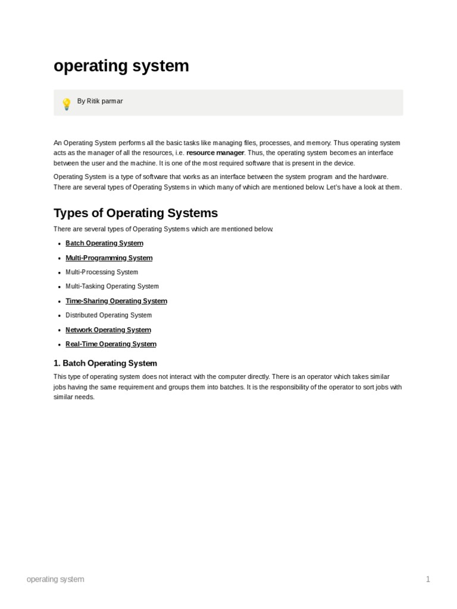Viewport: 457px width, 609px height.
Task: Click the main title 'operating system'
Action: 121,66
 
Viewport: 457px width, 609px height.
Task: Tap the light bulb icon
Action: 66,104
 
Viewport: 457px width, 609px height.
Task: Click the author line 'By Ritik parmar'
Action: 100,102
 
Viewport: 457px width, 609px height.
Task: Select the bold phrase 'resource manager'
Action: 215,153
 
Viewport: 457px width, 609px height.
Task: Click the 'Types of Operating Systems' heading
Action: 136,213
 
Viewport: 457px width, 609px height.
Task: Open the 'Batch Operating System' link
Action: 104,243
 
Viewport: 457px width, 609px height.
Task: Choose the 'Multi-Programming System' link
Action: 109,258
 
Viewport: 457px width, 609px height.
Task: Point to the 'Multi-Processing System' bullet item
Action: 102,272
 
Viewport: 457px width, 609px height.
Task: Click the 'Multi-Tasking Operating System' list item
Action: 112,287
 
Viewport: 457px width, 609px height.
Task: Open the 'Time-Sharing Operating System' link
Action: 116,301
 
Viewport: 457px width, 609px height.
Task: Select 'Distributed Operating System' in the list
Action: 108,315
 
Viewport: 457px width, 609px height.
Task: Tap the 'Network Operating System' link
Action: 108,330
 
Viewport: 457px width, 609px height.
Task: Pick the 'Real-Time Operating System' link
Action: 111,344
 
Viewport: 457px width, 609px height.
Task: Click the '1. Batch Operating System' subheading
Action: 105,363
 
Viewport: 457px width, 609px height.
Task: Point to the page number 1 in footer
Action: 427,579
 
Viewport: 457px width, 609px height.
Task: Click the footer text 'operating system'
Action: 55,579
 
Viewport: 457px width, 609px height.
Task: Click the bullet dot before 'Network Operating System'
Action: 59,330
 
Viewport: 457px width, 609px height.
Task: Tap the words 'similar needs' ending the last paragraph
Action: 74,397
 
